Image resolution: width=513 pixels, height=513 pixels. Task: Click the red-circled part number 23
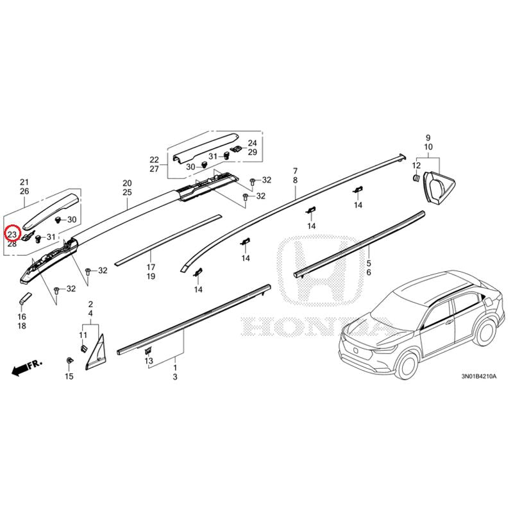click(12, 235)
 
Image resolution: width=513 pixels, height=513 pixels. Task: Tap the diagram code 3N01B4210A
click(478, 376)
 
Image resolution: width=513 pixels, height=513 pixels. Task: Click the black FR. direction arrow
click(27, 367)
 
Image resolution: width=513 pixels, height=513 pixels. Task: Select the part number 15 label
click(69, 376)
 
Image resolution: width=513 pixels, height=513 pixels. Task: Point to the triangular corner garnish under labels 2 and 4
click(97, 354)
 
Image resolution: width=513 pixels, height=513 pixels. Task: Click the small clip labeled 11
click(83, 348)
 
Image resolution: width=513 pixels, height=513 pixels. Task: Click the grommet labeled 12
click(416, 178)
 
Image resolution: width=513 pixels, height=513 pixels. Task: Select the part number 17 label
click(151, 267)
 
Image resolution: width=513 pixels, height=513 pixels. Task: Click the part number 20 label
click(127, 183)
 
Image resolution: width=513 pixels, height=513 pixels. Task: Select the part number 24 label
click(252, 143)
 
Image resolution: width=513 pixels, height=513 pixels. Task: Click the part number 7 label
click(296, 171)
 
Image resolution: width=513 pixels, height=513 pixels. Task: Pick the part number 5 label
click(369, 263)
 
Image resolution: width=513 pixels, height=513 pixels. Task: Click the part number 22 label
click(154, 160)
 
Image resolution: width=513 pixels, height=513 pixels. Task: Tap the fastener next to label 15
click(69, 361)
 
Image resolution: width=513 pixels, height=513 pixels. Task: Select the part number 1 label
click(175, 367)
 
